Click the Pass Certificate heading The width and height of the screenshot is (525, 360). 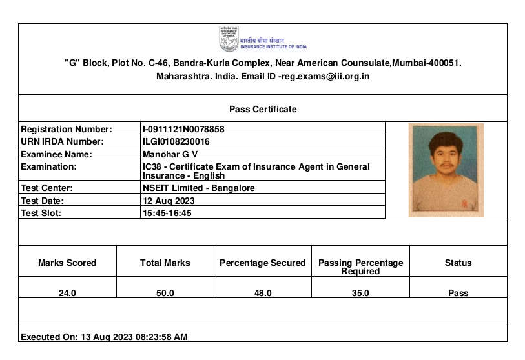263,109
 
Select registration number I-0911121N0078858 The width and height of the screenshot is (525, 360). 183,129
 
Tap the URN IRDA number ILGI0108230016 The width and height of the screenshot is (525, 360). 176,141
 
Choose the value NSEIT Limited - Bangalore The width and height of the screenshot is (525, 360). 198,188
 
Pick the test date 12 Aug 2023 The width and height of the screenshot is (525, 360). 169,201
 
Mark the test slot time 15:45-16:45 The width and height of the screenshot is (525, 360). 167,213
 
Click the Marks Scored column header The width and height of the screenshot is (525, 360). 67,263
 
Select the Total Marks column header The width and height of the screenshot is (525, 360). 165,263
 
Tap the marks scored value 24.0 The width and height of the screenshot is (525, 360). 67,293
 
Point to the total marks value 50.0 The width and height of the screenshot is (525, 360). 165,293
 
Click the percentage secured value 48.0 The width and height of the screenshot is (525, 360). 263,293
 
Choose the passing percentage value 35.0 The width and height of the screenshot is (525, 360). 360,293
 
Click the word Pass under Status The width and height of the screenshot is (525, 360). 458,293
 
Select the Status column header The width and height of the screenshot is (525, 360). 458,263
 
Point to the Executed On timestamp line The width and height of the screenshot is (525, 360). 105,337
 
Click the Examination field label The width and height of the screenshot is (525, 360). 48,166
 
